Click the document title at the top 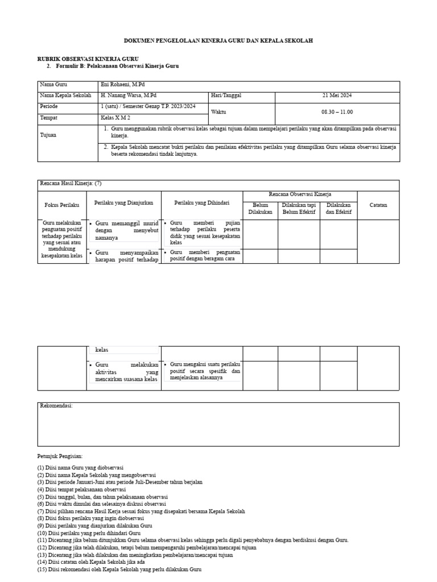pos(218,41)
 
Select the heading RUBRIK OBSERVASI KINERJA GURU pos(88,59)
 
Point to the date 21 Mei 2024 pos(337,95)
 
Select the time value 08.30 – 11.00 pos(337,112)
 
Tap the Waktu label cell pos(218,112)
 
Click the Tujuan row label pos(48,136)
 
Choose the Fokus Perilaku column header pos(61,204)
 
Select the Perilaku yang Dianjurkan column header pos(123,202)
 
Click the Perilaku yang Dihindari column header pos(201,202)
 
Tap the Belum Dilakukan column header pos(261,208)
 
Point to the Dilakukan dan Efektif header pos(339,208)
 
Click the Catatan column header pos(378,205)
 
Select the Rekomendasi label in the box pos(56,406)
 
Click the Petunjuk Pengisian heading pos(60,456)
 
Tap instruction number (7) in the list pos(141,511)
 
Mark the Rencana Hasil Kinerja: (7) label pos(70,184)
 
